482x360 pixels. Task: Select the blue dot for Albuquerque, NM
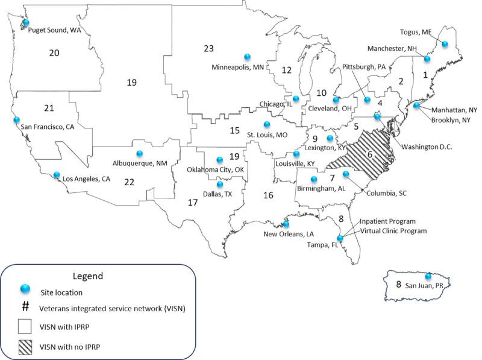(140, 153)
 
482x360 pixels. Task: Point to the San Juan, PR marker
(428, 277)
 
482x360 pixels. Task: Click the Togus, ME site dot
(445, 43)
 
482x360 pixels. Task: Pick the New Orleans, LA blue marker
(286, 224)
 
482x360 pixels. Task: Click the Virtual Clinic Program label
(393, 230)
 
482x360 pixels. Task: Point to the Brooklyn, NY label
(452, 119)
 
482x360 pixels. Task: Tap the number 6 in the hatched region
(369, 154)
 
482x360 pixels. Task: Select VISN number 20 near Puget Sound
(54, 53)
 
